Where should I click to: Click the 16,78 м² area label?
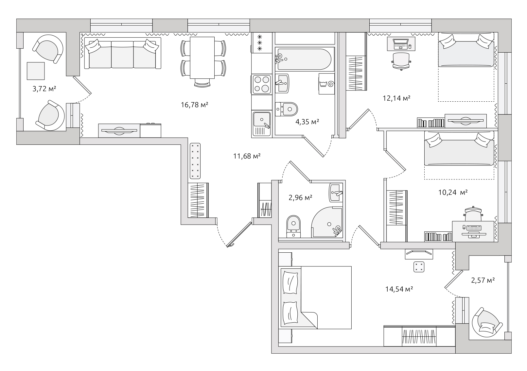pos(194,104)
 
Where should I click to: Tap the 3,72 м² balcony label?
pos(44,89)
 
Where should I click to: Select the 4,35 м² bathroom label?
pos(307,122)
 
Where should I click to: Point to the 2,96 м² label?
pos(300,197)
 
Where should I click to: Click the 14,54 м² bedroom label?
pos(399,289)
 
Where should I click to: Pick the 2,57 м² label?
pos(483,280)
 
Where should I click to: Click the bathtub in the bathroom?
pos(305,59)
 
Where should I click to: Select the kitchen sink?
pos(262,124)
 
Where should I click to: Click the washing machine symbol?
pos(326,84)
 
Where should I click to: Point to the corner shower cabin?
pos(327,222)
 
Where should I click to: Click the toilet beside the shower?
pos(293,226)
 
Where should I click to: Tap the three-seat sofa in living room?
pos(122,53)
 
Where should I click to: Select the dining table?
pos(202,58)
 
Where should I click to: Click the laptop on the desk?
pos(401,44)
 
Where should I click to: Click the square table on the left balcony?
pos(36,71)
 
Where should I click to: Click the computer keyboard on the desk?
pos(474,228)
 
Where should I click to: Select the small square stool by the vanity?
pos(419,267)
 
